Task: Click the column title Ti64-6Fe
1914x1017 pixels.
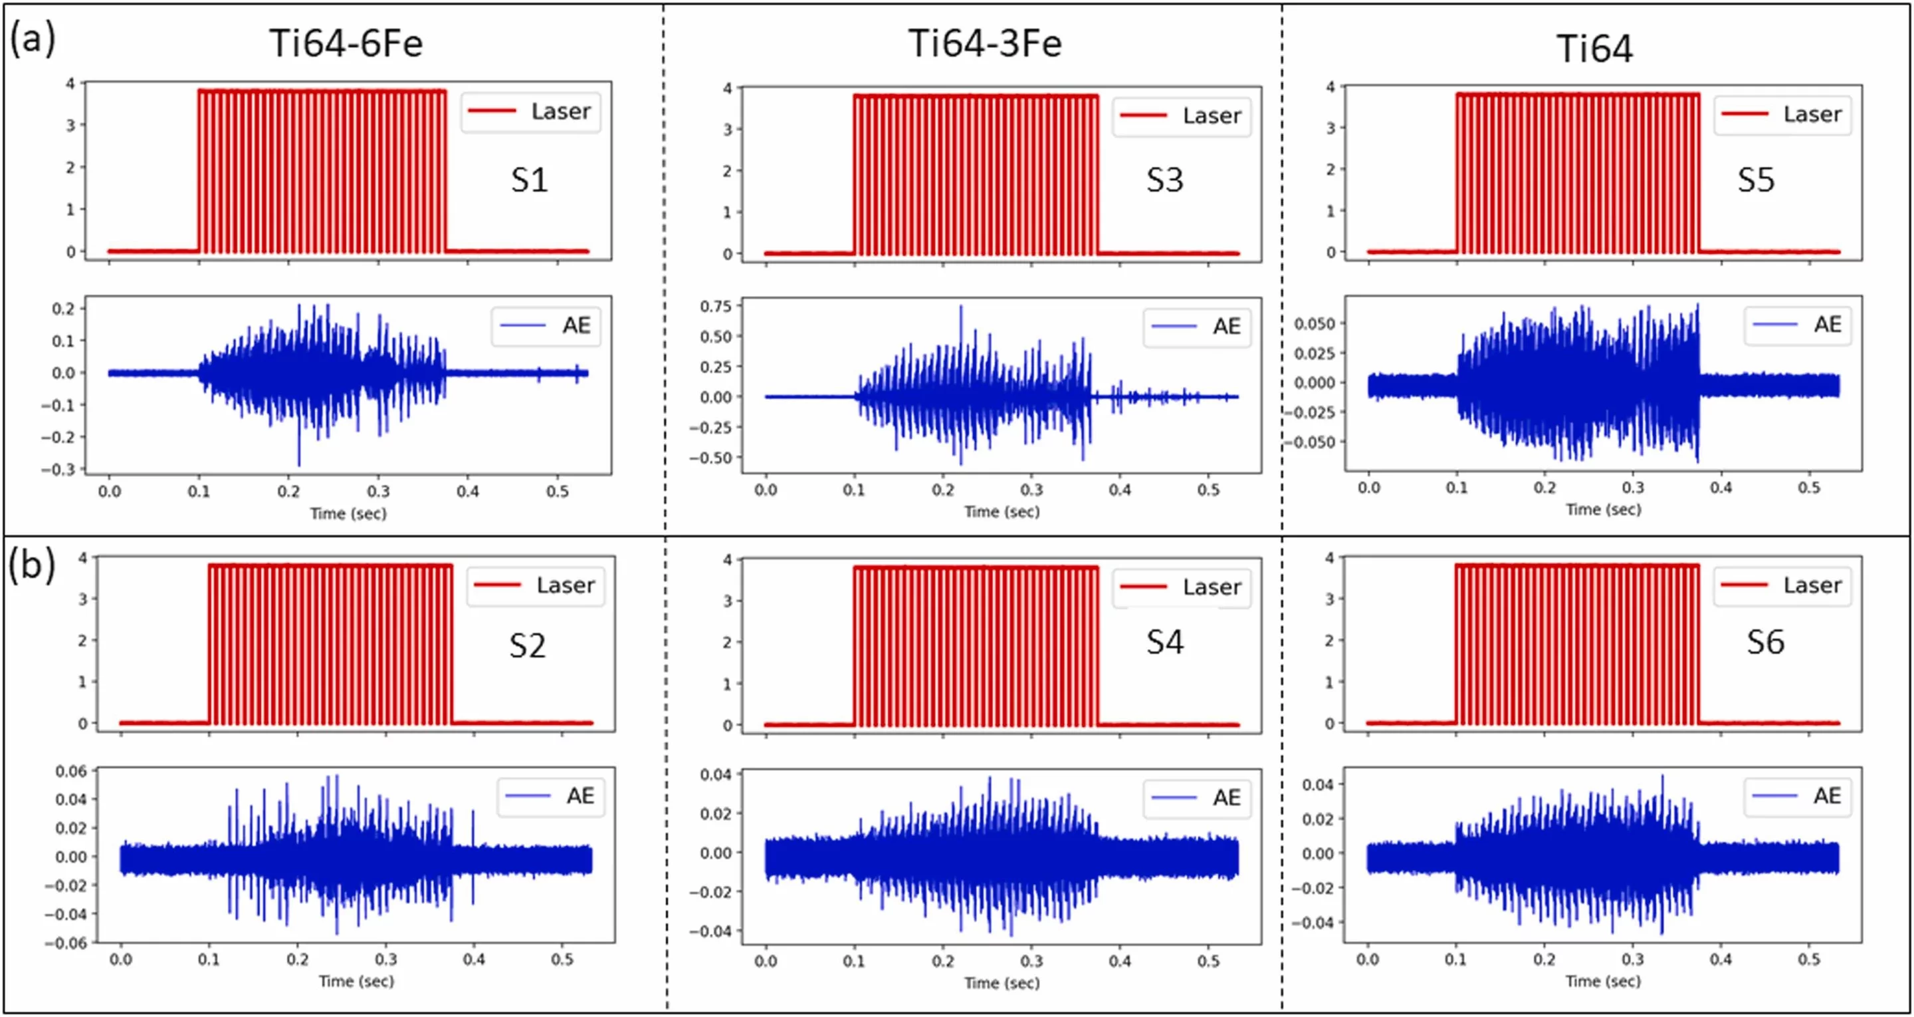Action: (346, 43)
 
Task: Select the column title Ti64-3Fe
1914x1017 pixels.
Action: (984, 43)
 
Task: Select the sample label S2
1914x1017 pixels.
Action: (528, 645)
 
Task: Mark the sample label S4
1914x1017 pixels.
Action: (1164, 643)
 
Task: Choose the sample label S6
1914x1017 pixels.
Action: (1765, 643)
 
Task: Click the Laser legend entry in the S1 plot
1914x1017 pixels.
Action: (530, 112)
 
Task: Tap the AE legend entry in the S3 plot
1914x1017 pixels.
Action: (1197, 327)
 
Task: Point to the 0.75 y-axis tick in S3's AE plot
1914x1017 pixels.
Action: (716, 306)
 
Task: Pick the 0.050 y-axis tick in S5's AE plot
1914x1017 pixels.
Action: (1315, 323)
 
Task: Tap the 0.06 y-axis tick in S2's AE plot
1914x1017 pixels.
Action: (70, 771)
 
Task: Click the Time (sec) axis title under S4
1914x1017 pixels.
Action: (1002, 983)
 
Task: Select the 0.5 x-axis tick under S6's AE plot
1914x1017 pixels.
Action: (1808, 960)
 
